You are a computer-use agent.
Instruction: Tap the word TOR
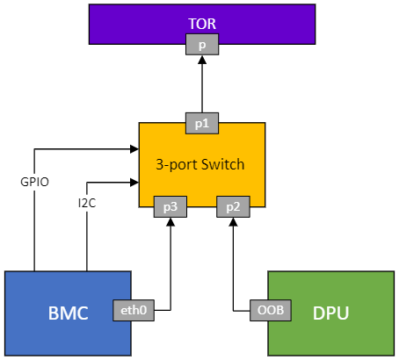click(x=201, y=23)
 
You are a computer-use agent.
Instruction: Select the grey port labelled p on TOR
click(x=202, y=44)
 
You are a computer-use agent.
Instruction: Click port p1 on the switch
click(x=202, y=124)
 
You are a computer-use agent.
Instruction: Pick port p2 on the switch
click(x=233, y=206)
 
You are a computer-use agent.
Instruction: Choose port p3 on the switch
click(x=170, y=206)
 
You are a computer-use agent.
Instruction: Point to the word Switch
click(x=222, y=165)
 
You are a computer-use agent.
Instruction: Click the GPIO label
click(x=34, y=182)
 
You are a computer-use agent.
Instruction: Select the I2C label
click(x=87, y=203)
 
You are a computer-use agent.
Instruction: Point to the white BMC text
click(x=68, y=313)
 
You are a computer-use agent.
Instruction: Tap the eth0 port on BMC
click(x=132, y=309)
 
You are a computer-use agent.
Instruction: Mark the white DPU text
click(x=331, y=313)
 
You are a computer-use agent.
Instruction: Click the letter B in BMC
click(x=54, y=313)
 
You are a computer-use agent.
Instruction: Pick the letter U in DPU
click(x=344, y=313)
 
